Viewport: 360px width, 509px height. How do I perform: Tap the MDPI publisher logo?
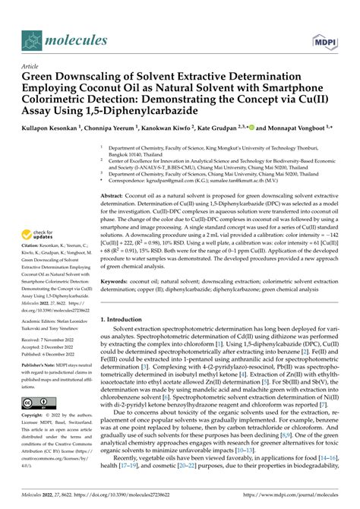[322, 40]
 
